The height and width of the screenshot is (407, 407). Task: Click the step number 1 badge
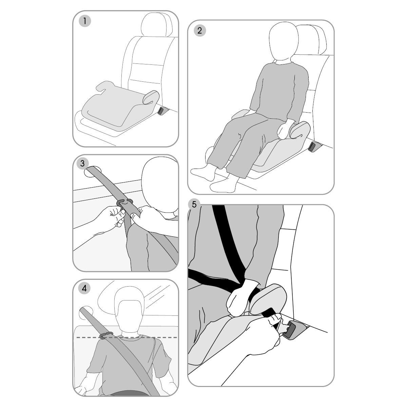point(85,21)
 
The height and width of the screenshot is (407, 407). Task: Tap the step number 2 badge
point(199,31)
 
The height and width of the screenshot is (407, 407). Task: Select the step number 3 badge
point(82,163)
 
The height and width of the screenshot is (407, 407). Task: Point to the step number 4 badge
point(84,288)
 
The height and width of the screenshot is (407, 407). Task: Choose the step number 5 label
point(194,205)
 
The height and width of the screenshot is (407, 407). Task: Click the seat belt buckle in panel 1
point(162,111)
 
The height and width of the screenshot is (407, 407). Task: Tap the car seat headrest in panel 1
point(156,24)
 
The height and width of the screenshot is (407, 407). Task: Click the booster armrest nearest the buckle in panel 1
point(151,97)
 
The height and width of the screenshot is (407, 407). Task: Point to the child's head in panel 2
point(284,41)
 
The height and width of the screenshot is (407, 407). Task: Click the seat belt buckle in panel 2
point(313,147)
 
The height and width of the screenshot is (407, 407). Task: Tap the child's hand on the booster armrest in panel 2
point(285,128)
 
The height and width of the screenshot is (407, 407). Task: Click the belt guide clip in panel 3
point(124,203)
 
